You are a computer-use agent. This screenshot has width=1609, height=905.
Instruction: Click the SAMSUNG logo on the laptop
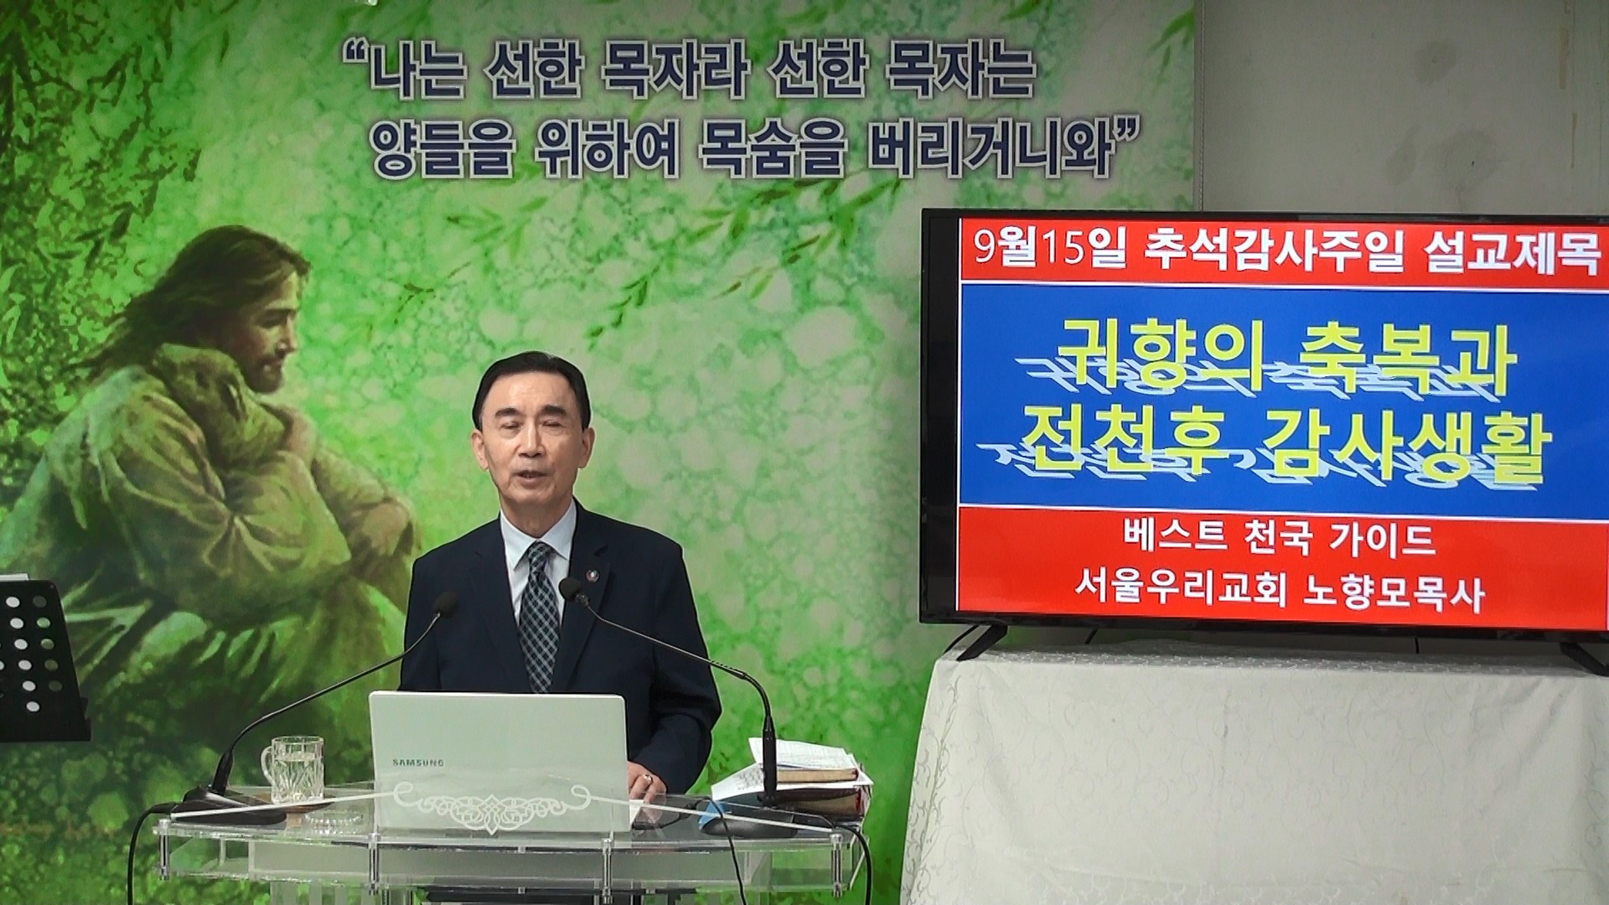418,763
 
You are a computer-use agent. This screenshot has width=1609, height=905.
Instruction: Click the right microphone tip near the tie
571,589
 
